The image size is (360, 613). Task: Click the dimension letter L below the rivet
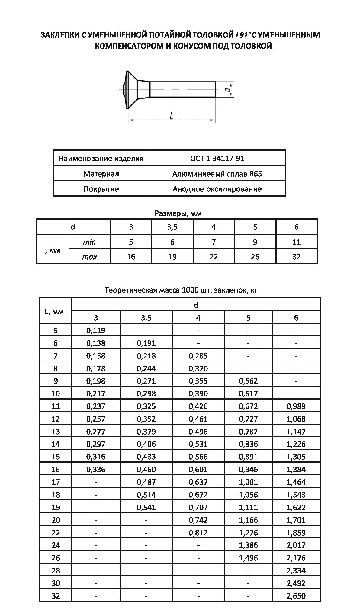(171, 116)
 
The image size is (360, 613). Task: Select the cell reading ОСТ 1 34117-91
(217, 158)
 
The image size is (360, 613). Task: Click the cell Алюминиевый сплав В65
(217, 174)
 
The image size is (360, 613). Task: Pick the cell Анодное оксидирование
(217, 189)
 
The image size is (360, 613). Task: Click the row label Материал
(101, 174)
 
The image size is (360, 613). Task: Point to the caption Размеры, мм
(178, 213)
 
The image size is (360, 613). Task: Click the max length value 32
(296, 257)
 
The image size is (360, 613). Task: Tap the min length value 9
(255, 242)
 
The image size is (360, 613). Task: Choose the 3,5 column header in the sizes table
(172, 227)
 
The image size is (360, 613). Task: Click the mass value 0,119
(96, 330)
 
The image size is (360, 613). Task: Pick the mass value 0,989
(296, 406)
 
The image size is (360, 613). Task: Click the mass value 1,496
(248, 558)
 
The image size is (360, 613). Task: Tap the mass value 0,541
(146, 507)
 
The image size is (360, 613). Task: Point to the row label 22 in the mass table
(56, 533)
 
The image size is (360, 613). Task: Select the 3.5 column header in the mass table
(146, 318)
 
